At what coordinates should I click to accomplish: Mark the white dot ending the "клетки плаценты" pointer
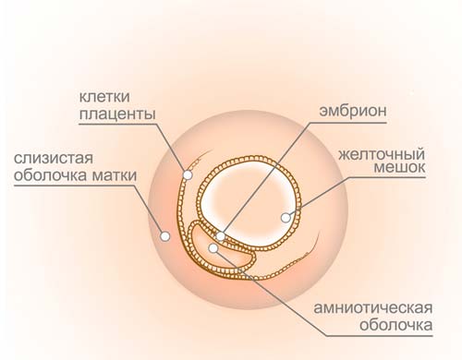187,173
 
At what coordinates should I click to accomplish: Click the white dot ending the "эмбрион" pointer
221,236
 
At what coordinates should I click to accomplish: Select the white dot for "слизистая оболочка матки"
165,236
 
